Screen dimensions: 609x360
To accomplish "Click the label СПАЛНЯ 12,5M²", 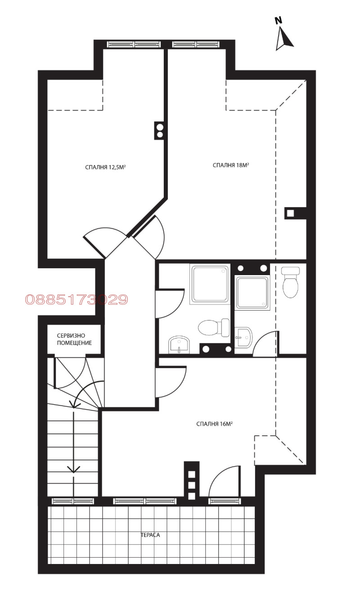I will tap(105, 167).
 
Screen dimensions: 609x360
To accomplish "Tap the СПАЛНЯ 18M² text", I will tap(231, 165).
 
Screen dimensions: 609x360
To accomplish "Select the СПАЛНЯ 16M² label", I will tap(214, 424).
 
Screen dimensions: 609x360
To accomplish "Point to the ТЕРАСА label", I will tap(150, 535).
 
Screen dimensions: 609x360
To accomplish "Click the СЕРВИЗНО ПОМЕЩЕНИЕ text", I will tap(74, 339).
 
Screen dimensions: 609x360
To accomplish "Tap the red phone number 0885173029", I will tap(76, 300).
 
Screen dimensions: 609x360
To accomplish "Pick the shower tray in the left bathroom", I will tap(210, 284).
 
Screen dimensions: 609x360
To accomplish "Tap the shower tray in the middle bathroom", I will tap(252, 293).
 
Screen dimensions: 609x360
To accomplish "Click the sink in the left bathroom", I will tap(179, 345).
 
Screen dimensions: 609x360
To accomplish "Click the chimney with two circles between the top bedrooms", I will tap(159, 131).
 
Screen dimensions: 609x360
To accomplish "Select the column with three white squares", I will tap(192, 480).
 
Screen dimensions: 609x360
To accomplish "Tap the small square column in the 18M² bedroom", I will tap(290, 213).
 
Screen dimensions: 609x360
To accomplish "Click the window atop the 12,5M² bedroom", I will tap(134, 44).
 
